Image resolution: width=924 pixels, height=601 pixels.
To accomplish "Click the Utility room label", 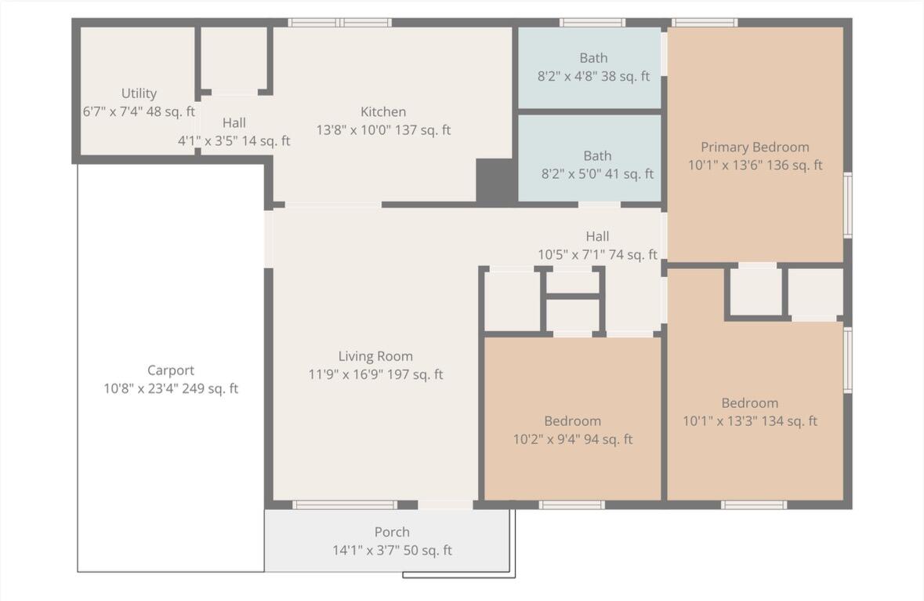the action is (x=139, y=93).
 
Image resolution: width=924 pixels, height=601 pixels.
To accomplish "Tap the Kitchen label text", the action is (x=383, y=111).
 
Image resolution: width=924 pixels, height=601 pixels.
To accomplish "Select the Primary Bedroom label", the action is (x=755, y=147).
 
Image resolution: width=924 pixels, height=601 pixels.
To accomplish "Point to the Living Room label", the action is (x=375, y=356).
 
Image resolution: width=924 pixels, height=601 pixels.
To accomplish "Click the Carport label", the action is (x=171, y=370).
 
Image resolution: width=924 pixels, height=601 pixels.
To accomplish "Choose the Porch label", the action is (x=392, y=532).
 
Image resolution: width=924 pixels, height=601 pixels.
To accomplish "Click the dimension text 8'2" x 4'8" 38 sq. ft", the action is (x=593, y=76).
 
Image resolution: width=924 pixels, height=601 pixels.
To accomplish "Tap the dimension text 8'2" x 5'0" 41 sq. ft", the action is (x=597, y=174).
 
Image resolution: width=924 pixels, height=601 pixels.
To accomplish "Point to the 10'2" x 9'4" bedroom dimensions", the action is (x=573, y=439).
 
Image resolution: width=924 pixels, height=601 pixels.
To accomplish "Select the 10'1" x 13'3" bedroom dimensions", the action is (x=750, y=421).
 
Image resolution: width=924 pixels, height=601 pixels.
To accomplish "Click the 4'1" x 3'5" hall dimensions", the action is (x=234, y=141).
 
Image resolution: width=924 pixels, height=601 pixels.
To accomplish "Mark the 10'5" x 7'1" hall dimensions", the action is (x=597, y=255).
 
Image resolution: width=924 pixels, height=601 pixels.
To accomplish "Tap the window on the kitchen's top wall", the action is (x=339, y=23).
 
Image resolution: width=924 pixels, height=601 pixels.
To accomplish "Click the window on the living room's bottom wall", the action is (x=345, y=504).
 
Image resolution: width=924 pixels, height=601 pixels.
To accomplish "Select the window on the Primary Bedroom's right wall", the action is (x=848, y=206).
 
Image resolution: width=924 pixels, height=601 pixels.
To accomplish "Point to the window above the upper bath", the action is (x=592, y=23).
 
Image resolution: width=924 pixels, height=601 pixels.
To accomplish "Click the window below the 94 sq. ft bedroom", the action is (x=571, y=504).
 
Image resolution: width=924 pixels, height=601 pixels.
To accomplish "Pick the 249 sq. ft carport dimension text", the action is (x=171, y=388).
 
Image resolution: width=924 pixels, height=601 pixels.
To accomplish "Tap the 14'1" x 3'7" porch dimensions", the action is (x=392, y=550).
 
